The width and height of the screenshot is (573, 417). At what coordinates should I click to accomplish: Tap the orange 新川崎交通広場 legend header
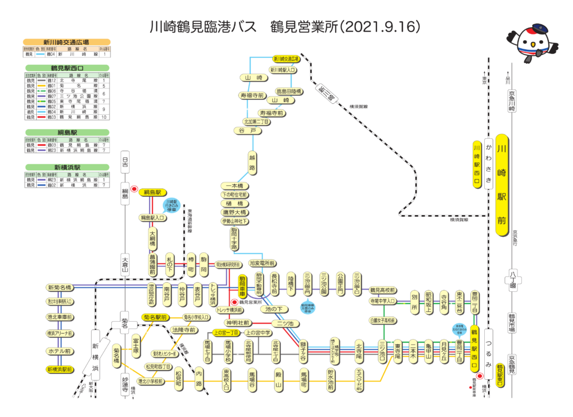[66, 42]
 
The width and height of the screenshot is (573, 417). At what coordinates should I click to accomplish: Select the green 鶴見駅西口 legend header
[66, 68]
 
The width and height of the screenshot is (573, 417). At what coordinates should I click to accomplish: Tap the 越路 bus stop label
[252, 162]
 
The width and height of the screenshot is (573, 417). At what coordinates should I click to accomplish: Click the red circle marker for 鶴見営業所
[234, 302]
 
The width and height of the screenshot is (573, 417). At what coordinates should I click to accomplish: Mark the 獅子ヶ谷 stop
[303, 350]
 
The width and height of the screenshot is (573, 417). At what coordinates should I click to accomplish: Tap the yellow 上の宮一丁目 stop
[226, 333]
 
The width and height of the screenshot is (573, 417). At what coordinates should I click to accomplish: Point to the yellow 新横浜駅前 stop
[59, 370]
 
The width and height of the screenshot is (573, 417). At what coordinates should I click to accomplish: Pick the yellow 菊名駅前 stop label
[155, 317]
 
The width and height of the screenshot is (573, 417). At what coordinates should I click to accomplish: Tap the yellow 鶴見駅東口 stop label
[500, 375]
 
